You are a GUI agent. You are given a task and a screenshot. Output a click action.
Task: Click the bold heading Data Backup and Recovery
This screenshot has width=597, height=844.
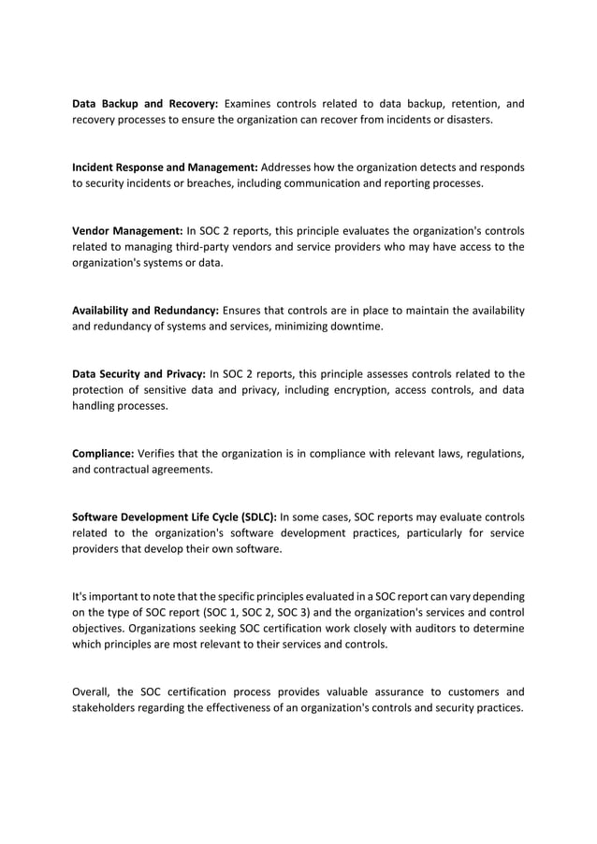145,103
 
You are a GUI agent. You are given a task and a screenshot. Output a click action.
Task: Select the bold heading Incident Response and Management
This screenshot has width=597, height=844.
165,167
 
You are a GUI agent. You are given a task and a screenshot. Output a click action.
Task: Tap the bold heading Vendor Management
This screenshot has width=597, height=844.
127,230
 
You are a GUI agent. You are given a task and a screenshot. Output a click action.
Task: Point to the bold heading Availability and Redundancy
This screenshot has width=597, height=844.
146,311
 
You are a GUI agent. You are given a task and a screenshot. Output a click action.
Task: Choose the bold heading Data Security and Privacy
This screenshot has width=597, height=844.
138,374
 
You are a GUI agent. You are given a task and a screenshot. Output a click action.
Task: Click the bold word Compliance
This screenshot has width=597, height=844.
107,455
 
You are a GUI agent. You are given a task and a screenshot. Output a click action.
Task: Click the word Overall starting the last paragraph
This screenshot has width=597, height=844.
93,691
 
